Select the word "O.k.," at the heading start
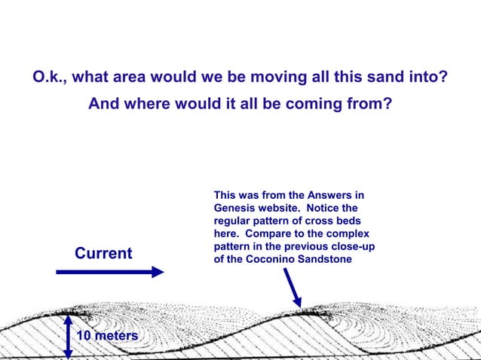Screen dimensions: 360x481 53,77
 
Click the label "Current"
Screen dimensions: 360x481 103,253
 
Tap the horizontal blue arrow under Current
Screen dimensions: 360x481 110,272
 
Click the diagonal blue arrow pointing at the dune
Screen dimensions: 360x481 292,288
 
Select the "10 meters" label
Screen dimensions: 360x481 107,334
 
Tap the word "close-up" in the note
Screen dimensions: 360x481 351,248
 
